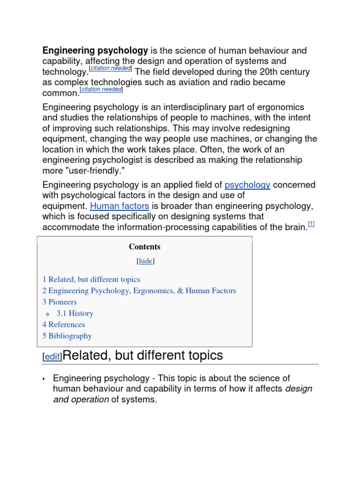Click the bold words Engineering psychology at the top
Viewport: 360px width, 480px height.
(95, 51)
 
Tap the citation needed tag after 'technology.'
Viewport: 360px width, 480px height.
(111, 69)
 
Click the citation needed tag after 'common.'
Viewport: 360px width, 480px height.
(101, 90)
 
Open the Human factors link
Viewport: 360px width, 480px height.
(120, 206)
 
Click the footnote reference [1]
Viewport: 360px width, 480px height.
(311, 225)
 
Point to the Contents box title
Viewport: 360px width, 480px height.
(144, 247)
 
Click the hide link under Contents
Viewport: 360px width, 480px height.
(145, 261)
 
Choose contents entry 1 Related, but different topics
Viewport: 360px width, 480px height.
(91, 279)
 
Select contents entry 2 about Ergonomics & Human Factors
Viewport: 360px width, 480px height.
(139, 291)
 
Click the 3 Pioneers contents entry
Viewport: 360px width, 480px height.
(60, 302)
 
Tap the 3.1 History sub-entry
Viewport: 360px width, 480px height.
(75, 313)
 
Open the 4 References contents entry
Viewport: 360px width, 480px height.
(64, 324)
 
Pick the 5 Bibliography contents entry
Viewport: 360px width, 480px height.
(67, 336)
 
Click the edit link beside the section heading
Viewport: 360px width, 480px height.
(52, 357)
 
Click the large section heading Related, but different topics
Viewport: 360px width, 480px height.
(142, 355)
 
